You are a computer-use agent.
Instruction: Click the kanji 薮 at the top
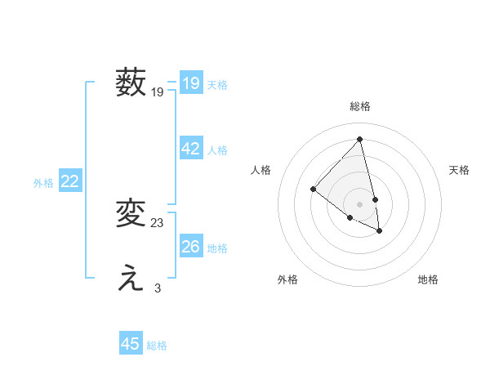click(x=131, y=83)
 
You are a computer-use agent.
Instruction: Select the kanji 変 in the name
click(x=131, y=213)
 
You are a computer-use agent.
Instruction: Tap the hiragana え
click(x=131, y=279)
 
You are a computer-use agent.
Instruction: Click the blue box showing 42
click(x=191, y=149)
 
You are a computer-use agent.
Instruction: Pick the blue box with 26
click(x=191, y=246)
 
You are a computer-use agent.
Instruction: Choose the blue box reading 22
click(x=69, y=181)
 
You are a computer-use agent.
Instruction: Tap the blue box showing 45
click(x=131, y=344)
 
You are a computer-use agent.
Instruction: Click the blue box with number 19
click(x=191, y=83)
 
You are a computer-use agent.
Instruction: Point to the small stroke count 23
click(x=158, y=222)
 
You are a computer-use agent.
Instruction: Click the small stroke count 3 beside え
click(x=158, y=288)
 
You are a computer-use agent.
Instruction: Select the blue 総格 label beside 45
click(x=157, y=346)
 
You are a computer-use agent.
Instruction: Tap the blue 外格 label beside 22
click(x=43, y=183)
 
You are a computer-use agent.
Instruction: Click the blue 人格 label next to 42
click(x=217, y=150)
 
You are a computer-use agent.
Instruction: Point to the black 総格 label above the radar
click(x=360, y=106)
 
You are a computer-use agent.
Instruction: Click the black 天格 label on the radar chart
click(x=459, y=170)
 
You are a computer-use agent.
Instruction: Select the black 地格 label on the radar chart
click(x=428, y=279)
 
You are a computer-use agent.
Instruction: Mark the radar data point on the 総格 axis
click(x=360, y=139)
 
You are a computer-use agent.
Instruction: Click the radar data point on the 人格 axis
click(x=313, y=189)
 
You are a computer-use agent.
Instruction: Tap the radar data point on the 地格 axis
click(x=380, y=231)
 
